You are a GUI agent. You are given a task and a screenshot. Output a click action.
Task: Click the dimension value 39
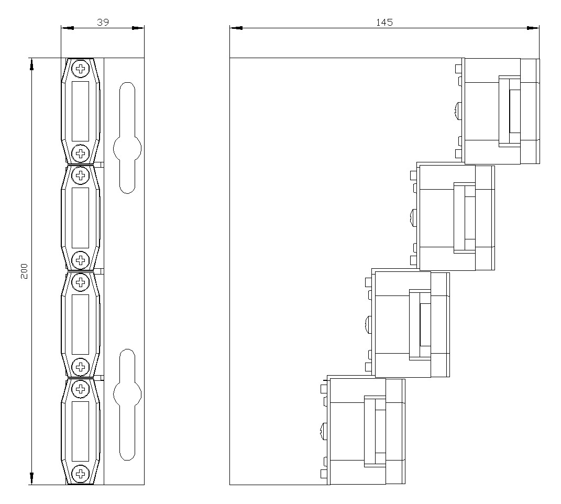click(103, 22)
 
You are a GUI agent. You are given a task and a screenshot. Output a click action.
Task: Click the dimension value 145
click(384, 22)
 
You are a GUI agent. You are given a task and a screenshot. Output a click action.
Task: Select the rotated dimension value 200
click(24, 271)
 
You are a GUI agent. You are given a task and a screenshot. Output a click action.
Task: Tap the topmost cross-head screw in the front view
click(81, 68)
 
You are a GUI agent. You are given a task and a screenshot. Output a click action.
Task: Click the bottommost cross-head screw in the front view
click(81, 474)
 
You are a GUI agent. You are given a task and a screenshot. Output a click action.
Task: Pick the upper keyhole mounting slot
click(127, 138)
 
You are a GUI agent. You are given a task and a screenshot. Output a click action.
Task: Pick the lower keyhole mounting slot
click(127, 404)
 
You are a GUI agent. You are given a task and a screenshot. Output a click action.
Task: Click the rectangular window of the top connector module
click(81, 111)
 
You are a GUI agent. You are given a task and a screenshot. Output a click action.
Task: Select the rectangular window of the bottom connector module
click(81, 431)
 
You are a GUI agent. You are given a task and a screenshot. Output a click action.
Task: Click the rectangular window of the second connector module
click(81, 218)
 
